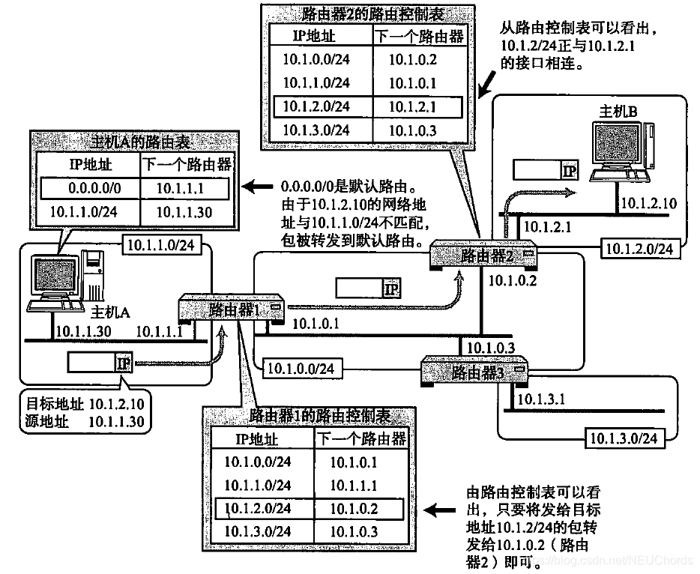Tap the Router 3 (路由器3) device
pyautogui.click(x=473, y=371)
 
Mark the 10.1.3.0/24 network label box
pyautogui.click(x=624, y=438)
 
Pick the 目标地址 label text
pyautogui.click(x=47, y=404)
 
